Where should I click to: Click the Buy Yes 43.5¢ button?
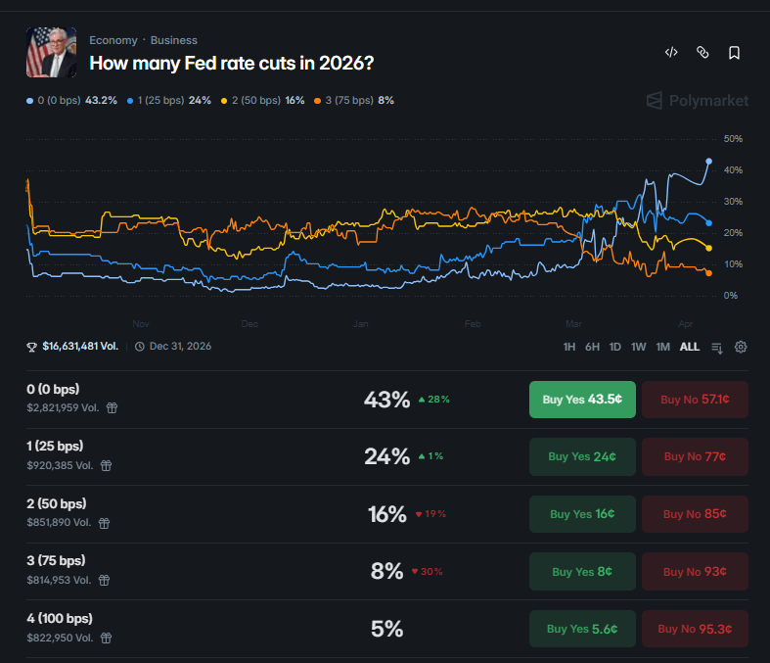(582, 400)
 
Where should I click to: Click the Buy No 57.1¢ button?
(695, 400)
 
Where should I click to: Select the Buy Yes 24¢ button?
(582, 456)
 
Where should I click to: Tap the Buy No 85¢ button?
(695, 514)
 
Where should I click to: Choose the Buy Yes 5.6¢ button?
(582, 629)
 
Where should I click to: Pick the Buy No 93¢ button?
(695, 572)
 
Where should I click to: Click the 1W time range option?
(639, 347)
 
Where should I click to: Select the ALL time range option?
(690, 347)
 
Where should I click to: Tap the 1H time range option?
(569, 347)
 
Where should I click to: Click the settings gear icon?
(741, 347)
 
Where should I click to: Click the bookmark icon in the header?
(734, 53)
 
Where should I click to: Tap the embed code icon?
(671, 53)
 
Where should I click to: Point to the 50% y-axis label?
(733, 139)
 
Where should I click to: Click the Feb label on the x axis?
(473, 323)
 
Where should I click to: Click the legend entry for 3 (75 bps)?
(351, 100)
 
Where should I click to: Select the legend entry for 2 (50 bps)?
(263, 100)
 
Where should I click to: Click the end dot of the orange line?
(708, 273)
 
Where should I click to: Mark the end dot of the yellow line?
(708, 248)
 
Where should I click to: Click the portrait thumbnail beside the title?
(51, 53)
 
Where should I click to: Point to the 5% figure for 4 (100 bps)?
(387, 629)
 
